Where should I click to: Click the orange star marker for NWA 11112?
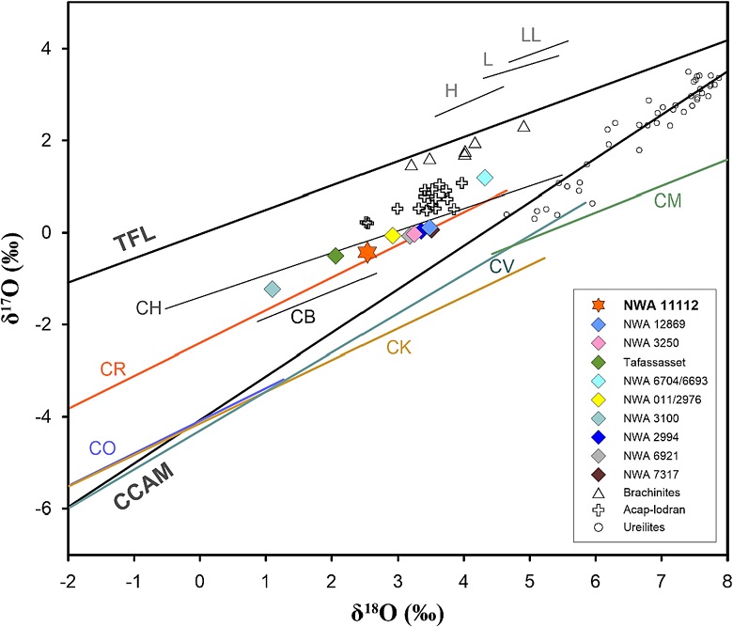(367, 251)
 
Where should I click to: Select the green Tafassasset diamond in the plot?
(335, 256)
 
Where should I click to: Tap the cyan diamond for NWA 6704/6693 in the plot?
(485, 177)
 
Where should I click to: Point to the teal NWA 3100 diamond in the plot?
(273, 289)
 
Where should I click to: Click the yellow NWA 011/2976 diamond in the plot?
(392, 235)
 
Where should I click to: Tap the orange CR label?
(114, 368)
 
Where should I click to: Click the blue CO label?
(102, 447)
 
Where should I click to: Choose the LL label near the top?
(530, 35)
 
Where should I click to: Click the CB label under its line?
(302, 317)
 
